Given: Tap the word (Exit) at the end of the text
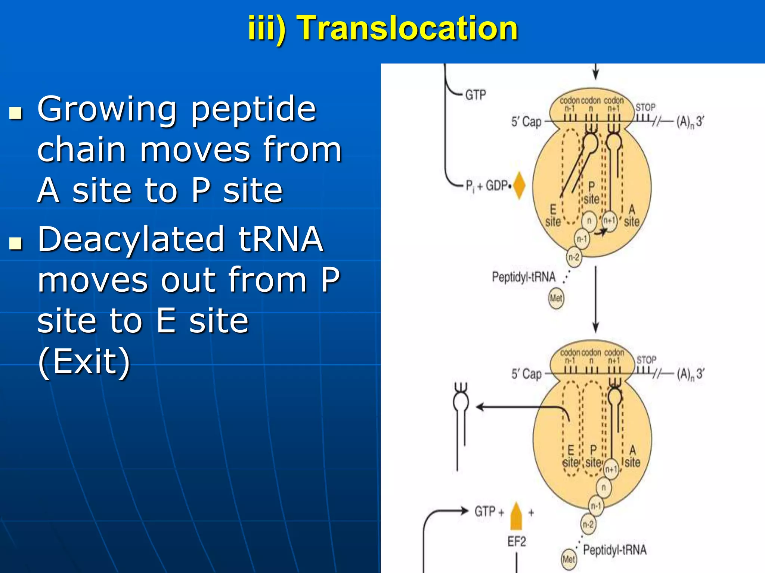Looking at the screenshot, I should pyautogui.click(x=84, y=361).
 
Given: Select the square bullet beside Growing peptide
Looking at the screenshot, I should pyautogui.click(x=16, y=113).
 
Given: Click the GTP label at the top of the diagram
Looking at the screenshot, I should pyautogui.click(x=476, y=95).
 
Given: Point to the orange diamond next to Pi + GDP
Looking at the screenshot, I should pyautogui.click(x=519, y=185).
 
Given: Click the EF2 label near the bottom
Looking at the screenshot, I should pyautogui.click(x=517, y=541).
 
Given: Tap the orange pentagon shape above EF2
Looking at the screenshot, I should pyautogui.click(x=516, y=516).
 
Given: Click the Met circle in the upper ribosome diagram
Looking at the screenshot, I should pyautogui.click(x=556, y=298).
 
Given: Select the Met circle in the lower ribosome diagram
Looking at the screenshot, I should pyautogui.click(x=569, y=559).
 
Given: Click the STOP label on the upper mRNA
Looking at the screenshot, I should pyautogui.click(x=645, y=107).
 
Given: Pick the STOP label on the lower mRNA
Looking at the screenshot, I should pyautogui.click(x=646, y=360).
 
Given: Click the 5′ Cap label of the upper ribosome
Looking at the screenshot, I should pyautogui.click(x=526, y=122).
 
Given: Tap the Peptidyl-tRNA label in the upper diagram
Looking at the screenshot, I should pyautogui.click(x=524, y=277).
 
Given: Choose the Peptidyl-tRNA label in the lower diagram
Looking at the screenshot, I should pyautogui.click(x=615, y=549).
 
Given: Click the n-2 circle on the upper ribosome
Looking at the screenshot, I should pyautogui.click(x=574, y=257).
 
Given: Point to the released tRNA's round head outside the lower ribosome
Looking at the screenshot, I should pyautogui.click(x=461, y=402).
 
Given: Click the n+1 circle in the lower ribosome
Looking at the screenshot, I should pyautogui.click(x=611, y=469).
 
